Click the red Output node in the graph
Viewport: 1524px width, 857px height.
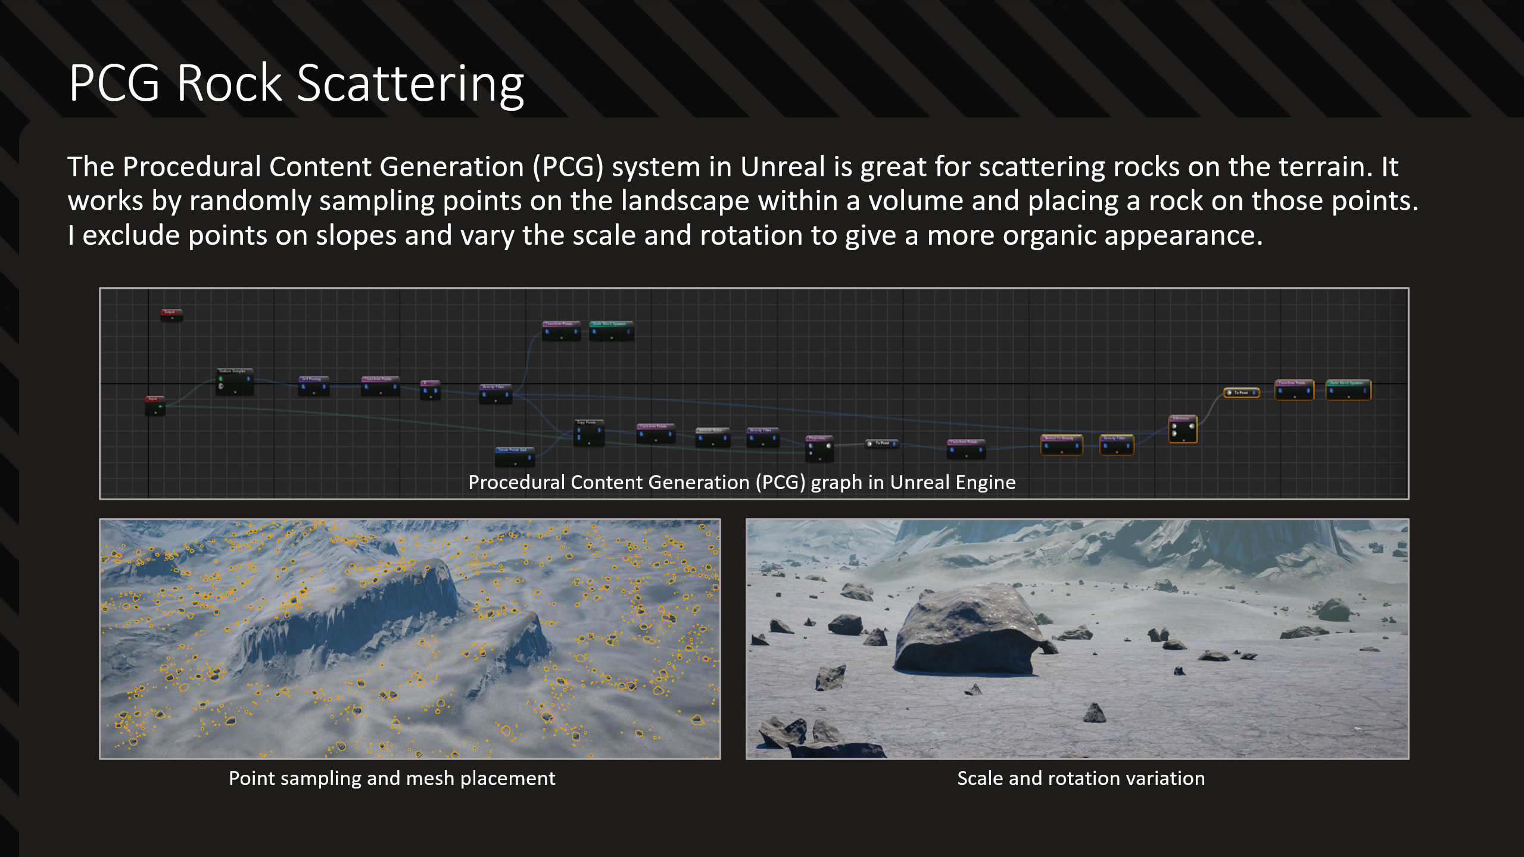coord(172,314)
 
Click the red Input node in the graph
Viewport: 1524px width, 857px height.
coord(155,406)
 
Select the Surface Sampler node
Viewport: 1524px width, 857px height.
coord(235,382)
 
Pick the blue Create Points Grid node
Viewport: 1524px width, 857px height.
coord(515,456)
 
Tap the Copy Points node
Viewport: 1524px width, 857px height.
coord(588,432)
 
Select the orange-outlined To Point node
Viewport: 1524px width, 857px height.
coord(1241,392)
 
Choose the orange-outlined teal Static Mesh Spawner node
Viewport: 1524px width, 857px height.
coord(1348,390)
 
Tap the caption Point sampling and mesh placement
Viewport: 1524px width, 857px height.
coord(392,778)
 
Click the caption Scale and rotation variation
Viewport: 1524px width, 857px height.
coord(1080,778)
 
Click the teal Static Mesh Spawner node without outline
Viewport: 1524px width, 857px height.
coord(611,331)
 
